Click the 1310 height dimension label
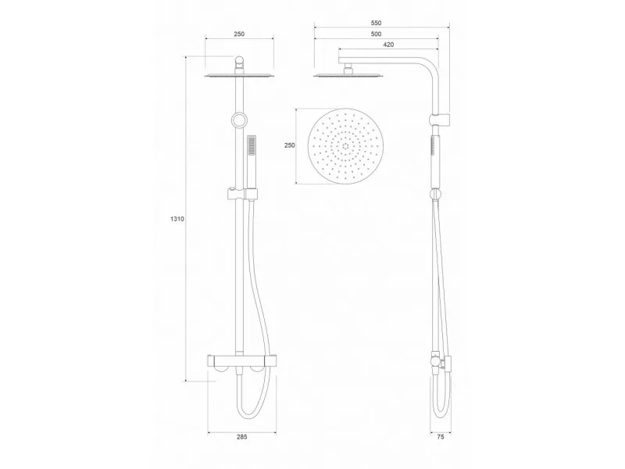click(177, 219)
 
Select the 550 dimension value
click(376, 23)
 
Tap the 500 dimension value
click(376, 34)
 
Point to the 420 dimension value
click(388, 45)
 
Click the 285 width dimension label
click(242, 437)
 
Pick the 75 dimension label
click(441, 437)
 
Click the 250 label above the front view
click(239, 34)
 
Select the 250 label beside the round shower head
click(290, 145)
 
